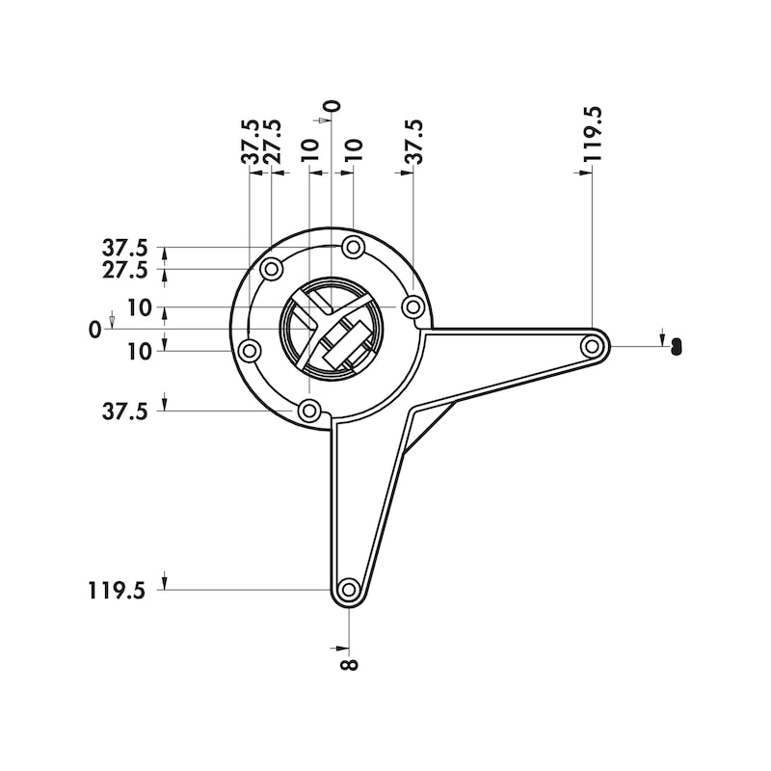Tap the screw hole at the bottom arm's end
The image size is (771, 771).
click(349, 589)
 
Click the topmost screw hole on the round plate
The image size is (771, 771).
click(354, 248)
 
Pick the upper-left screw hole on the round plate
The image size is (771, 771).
click(272, 268)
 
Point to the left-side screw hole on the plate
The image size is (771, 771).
click(250, 350)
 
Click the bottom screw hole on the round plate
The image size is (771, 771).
click(309, 412)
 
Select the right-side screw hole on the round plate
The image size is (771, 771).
click(412, 307)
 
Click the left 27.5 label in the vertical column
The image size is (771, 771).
click(125, 270)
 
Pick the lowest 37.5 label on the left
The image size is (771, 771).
click(125, 412)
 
